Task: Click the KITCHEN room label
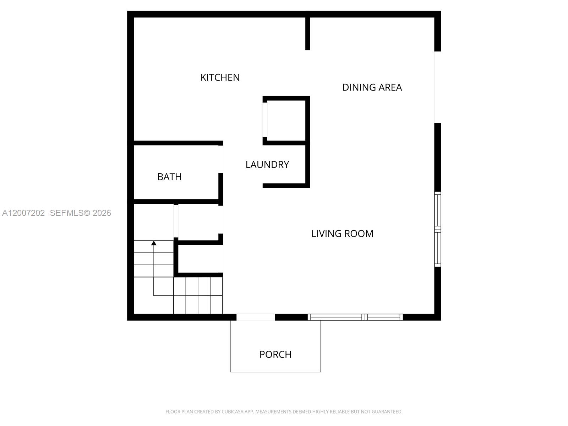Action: click(220, 77)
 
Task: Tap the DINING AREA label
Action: click(372, 87)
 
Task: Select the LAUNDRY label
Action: click(267, 165)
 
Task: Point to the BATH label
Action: click(169, 177)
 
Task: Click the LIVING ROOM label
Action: click(342, 234)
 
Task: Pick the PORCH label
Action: click(275, 354)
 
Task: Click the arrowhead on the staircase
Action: click(154, 243)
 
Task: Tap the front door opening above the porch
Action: click(256, 317)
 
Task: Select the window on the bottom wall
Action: click(355, 317)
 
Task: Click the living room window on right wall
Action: click(438, 229)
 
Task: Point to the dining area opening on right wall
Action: click(438, 87)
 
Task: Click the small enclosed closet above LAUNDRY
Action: click(286, 120)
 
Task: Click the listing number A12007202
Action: click(23, 213)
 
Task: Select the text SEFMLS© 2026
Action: click(80, 213)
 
